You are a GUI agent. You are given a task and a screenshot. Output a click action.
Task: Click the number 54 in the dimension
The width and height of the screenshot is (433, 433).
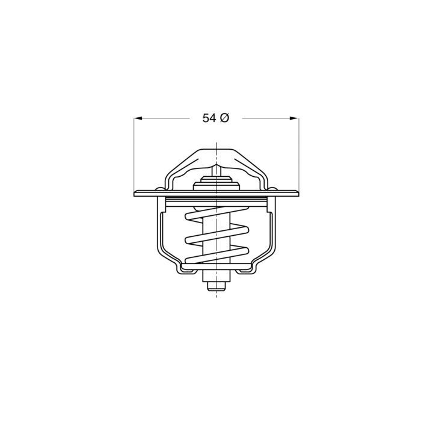tap(209, 119)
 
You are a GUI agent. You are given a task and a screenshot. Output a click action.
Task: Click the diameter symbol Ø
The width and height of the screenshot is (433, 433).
tap(224, 119)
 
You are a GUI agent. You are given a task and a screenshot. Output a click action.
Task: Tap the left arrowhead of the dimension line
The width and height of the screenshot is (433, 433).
tap(138, 119)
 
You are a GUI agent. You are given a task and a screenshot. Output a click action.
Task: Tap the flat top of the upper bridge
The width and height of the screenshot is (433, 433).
tap(216, 150)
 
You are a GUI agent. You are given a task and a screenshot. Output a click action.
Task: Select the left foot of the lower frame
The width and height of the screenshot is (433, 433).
tap(183, 271)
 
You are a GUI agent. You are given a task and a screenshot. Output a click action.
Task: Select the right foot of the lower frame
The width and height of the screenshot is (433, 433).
tap(248, 271)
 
